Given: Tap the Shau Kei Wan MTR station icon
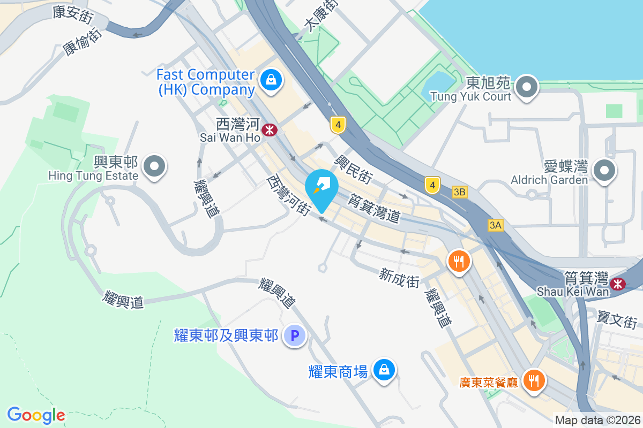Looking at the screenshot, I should tap(618, 283).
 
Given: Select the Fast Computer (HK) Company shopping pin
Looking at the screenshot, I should tap(271, 80).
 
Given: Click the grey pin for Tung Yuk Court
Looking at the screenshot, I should tap(527, 87).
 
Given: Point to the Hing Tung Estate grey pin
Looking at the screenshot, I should tap(155, 166).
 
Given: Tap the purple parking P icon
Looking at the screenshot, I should tap(294, 336).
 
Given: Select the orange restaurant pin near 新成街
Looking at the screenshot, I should tap(459, 261).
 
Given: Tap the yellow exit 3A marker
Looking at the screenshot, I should tap(496, 226).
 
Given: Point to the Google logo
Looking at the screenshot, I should tap(36, 415).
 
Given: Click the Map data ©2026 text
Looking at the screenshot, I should tap(597, 421).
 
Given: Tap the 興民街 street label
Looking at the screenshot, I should tap(354, 168).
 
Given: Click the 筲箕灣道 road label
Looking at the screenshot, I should tap(374, 209).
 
